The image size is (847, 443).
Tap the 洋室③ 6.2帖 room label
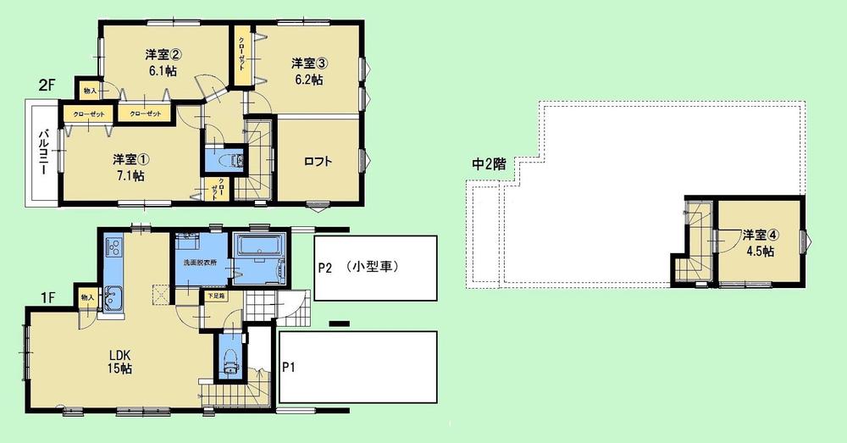(307, 71)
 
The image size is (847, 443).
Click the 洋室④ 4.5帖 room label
(758, 242)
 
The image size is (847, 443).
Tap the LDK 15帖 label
(118, 360)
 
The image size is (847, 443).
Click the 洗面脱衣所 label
(202, 263)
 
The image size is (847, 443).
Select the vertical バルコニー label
(42, 154)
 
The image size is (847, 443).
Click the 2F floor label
(47, 85)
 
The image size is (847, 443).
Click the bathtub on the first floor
(262, 249)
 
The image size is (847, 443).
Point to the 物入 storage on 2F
(89, 89)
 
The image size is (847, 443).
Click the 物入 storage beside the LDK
(86, 298)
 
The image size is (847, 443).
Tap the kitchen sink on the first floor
(113, 297)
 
